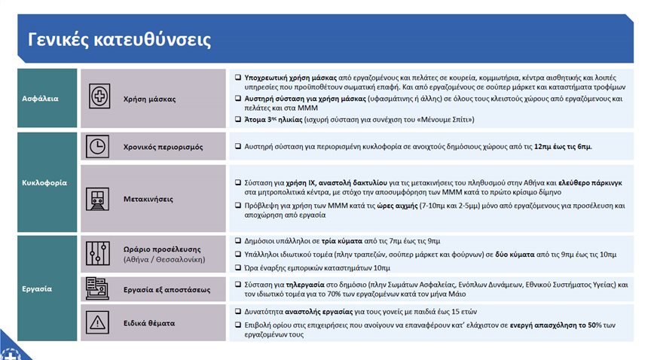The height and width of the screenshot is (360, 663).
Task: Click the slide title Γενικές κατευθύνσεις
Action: (x=119, y=39)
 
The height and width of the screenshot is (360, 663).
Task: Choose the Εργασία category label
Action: (x=35, y=288)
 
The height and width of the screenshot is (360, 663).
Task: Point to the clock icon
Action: (x=98, y=147)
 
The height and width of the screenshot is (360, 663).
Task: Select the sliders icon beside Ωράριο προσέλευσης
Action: (x=98, y=254)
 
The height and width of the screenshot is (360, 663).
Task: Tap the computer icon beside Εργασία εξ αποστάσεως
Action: (x=98, y=289)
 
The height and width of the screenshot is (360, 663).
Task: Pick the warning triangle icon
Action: (x=98, y=323)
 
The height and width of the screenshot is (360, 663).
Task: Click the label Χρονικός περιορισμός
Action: (x=163, y=147)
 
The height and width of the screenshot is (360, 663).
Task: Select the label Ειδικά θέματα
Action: (x=149, y=323)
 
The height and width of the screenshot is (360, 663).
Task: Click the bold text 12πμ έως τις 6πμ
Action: (x=563, y=146)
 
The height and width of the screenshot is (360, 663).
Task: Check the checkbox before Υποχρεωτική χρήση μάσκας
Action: (x=237, y=78)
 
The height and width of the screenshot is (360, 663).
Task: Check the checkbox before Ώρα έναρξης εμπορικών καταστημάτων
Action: (x=237, y=267)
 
